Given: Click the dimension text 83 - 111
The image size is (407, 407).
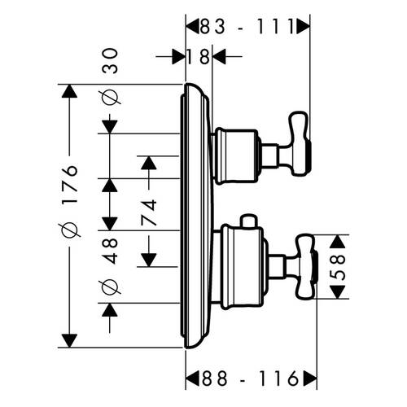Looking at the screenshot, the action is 247,27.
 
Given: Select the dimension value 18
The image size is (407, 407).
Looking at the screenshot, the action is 199,57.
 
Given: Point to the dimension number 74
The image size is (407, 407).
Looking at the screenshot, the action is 149,212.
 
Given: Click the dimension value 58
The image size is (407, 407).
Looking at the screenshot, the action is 338,267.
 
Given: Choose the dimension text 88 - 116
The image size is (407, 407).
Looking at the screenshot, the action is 250,378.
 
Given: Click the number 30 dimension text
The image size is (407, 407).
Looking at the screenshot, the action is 110,60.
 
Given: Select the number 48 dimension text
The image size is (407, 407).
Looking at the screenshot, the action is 110,251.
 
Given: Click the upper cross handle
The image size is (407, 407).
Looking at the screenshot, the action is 299,144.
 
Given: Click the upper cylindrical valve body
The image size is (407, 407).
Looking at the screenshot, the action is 235,155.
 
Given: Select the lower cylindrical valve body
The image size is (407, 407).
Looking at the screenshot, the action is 243,266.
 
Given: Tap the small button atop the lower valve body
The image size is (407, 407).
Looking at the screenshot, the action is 248,221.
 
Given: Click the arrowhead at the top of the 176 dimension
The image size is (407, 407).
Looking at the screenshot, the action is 69,91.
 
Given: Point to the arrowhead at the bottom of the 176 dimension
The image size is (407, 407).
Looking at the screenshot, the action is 69,341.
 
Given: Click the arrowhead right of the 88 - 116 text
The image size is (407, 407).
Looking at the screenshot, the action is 310,378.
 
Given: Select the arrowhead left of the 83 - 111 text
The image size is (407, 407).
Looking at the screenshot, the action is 192,27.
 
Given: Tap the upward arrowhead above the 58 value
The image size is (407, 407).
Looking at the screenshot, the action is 338,242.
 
